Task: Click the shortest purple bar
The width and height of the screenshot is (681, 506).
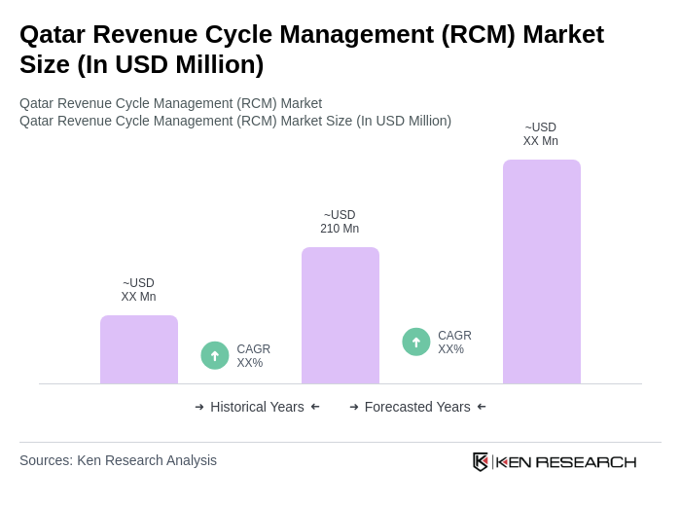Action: coord(139,349)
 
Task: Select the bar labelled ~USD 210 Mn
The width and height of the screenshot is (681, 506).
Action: coord(340,315)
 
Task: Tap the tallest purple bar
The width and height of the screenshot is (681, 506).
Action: coord(542,271)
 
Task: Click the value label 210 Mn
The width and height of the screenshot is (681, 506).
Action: coord(340,229)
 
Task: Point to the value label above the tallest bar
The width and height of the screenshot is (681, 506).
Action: coord(541,134)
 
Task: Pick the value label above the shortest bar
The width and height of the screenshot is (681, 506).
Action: coord(138,290)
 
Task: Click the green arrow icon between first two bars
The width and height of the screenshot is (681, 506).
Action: coord(215,356)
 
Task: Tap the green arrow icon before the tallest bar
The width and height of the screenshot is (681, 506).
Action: coord(416,343)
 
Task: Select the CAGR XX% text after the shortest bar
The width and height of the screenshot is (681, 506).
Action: coord(253,356)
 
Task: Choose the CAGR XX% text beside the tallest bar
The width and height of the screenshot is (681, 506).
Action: coord(454,343)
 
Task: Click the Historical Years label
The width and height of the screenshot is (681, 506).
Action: coord(257,407)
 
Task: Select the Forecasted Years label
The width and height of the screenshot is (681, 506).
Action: coord(417,407)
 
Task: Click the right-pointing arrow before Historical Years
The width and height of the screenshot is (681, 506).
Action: coord(199,407)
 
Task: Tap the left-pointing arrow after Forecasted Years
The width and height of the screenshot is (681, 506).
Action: coord(482,407)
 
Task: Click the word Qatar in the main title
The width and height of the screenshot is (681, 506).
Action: coord(54,34)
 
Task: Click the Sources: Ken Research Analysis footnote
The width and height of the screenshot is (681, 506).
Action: coord(118,460)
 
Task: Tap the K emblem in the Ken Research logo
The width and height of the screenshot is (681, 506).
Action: coord(481,461)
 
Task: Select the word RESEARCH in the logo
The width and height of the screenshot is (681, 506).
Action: coord(586,461)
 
